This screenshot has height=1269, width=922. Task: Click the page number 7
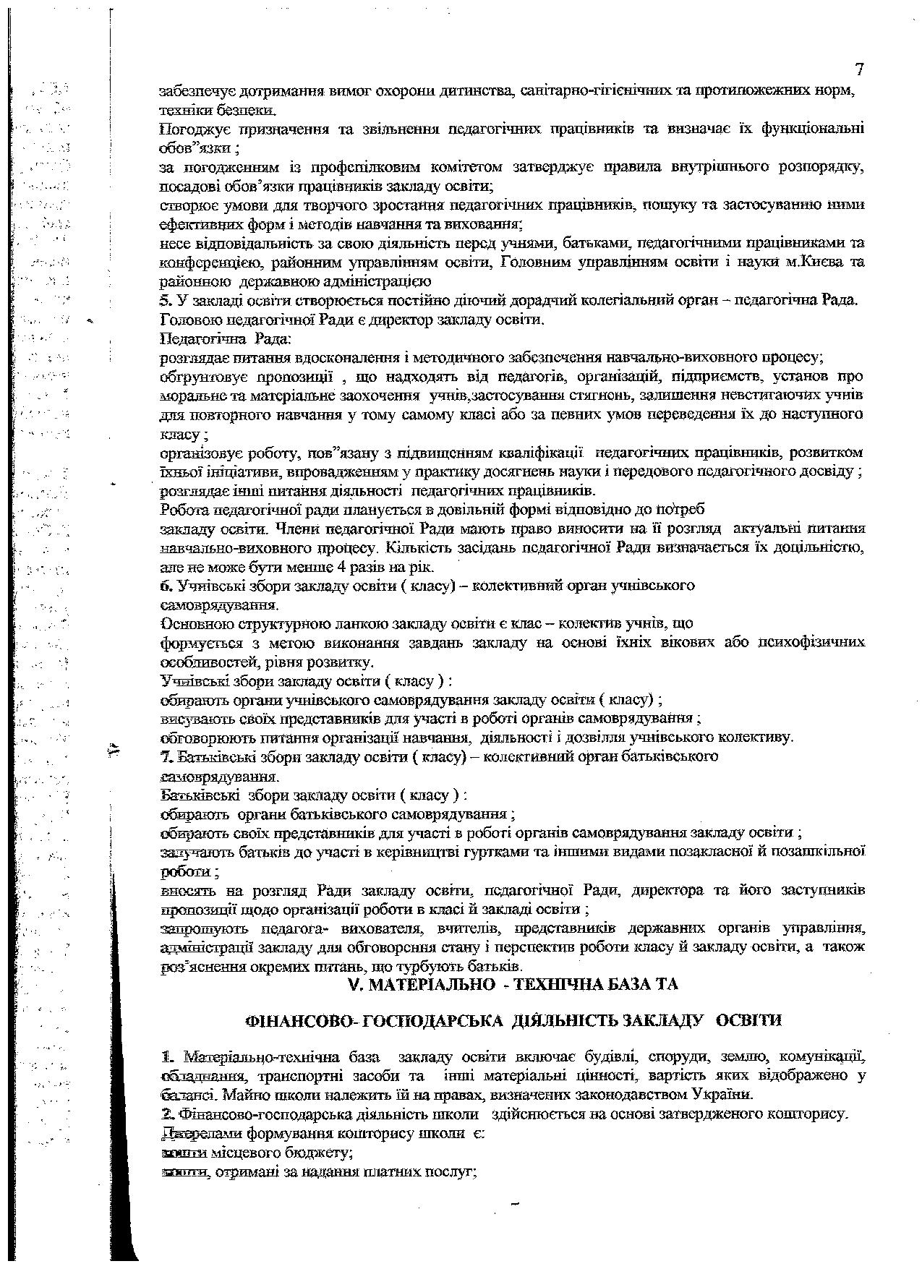(x=859, y=70)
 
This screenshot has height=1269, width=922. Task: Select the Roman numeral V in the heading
(x=353, y=984)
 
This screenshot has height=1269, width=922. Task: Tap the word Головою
(x=185, y=318)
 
